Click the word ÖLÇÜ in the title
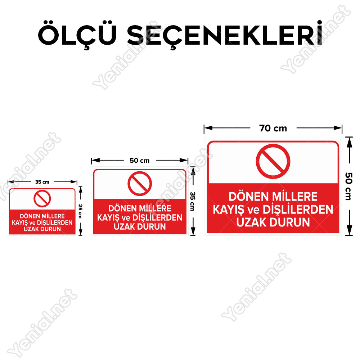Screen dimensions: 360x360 77,35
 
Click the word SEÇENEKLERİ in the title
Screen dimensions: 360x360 225,35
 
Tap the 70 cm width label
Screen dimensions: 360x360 273,129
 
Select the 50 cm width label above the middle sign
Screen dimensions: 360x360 139,161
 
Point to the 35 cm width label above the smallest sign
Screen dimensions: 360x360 42,182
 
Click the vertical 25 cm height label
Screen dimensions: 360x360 80,211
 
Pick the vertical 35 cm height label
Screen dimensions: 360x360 193,201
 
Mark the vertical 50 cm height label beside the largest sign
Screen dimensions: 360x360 348,186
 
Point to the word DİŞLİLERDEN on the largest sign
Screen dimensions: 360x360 298,210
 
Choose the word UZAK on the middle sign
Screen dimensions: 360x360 125,226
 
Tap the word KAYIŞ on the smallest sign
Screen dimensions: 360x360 20,223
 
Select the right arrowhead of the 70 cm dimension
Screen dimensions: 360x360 338,128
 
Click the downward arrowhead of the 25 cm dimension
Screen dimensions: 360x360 80,232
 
